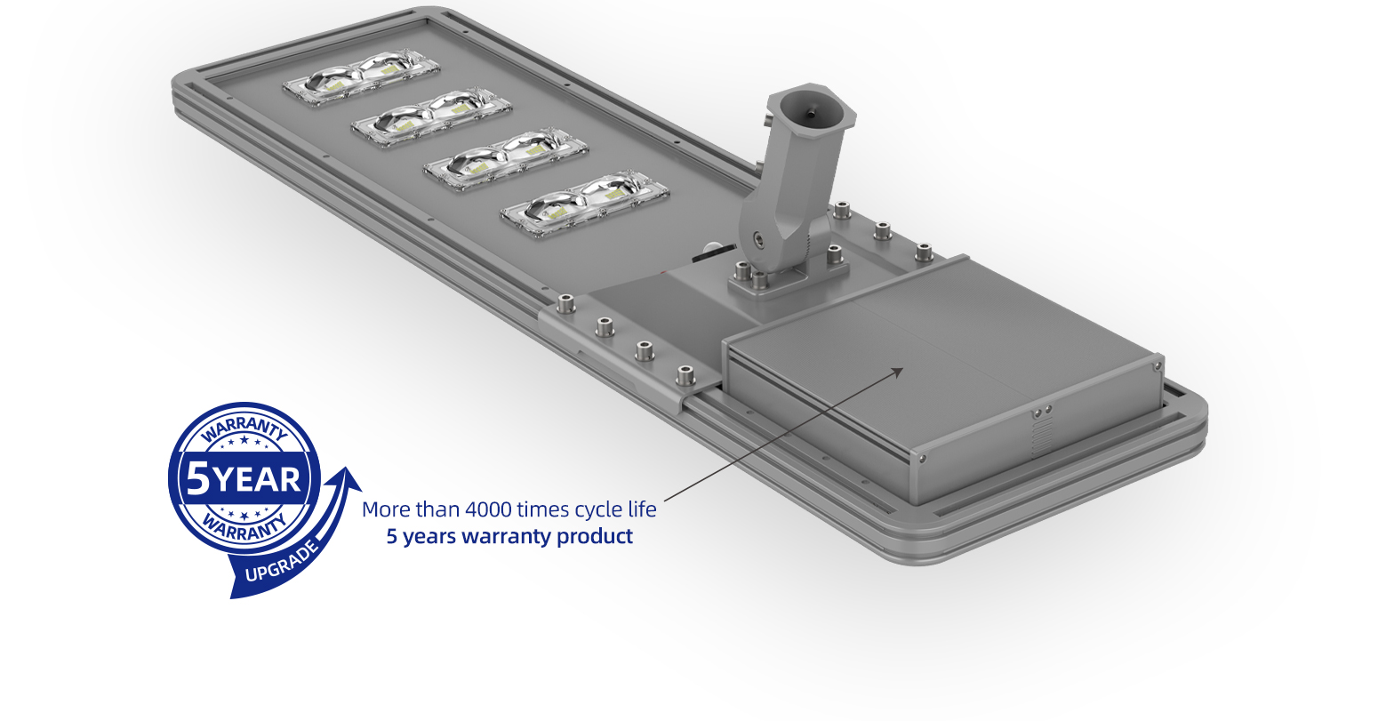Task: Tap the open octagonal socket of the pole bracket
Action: coord(811,110)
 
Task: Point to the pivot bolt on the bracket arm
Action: coord(756,238)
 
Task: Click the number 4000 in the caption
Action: coord(488,509)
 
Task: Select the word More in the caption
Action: coord(386,509)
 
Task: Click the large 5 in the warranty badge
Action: coord(198,480)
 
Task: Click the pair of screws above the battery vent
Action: coord(1042,411)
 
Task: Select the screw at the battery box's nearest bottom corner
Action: coord(922,458)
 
